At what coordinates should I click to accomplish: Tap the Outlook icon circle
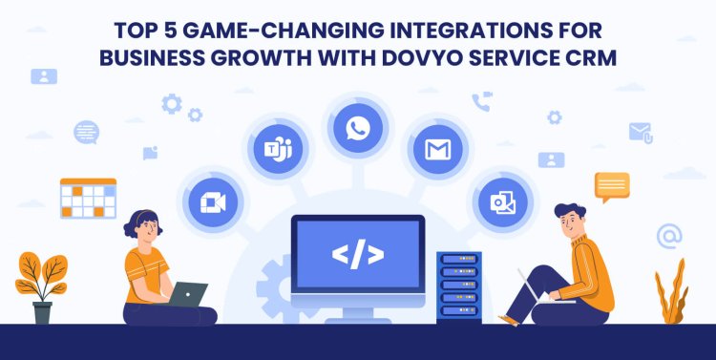tap(503, 201)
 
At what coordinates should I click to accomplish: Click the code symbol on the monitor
tap(357, 254)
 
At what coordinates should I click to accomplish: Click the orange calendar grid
tap(88, 198)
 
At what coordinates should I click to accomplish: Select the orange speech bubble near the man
tap(611, 185)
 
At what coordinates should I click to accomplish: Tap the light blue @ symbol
tap(669, 235)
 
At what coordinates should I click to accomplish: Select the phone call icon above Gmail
tap(482, 102)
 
